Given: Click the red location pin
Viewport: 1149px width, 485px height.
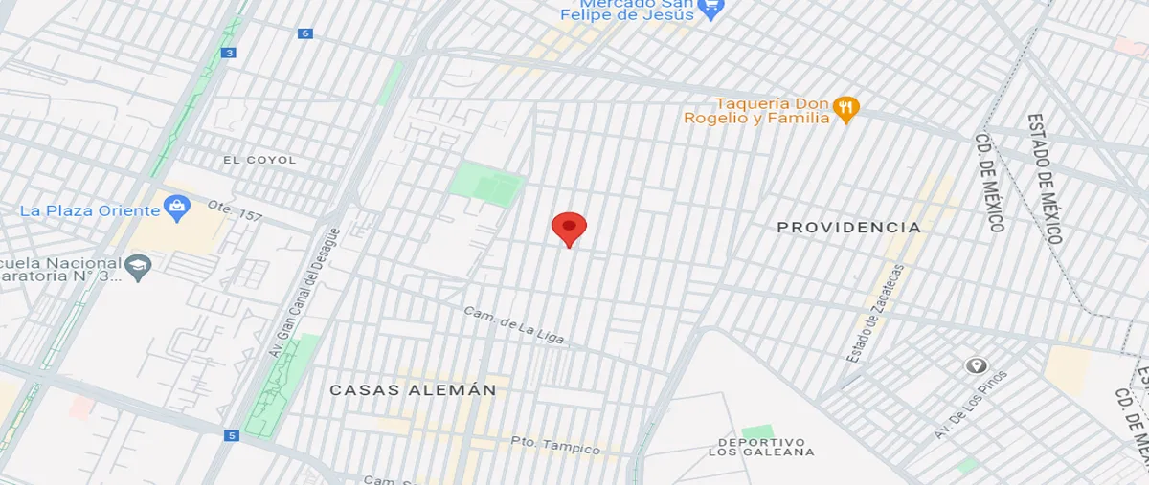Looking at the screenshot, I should tap(569, 229).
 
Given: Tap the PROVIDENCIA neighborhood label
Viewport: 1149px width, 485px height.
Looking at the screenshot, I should tap(848, 228).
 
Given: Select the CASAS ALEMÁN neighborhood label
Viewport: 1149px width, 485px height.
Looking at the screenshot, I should tap(413, 390).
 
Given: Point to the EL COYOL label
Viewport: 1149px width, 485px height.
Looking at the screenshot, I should tap(259, 160).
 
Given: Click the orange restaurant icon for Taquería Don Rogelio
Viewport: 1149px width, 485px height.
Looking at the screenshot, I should tap(845, 108).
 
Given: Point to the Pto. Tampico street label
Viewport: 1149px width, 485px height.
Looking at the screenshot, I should tap(554, 445).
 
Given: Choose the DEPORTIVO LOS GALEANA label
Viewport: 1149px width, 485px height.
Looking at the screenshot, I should tap(764, 447).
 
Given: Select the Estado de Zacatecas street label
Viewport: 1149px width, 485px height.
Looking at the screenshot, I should tap(876, 314).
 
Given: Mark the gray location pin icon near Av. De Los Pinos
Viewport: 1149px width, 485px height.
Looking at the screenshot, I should tap(976, 365).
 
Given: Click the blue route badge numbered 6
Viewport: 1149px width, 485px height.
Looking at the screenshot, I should tap(305, 33).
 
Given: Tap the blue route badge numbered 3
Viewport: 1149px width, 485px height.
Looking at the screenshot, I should tap(228, 53).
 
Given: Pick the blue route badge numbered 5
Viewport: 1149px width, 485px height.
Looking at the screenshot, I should tap(231, 436).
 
